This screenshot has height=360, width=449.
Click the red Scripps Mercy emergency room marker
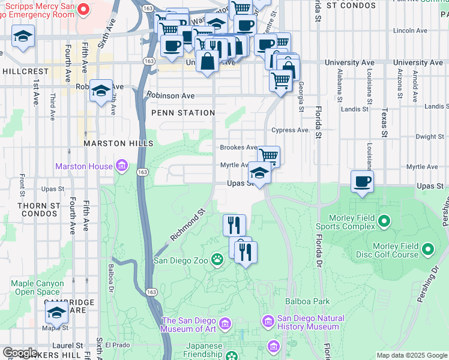[x=83, y=10]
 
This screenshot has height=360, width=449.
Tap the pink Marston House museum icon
[x=122, y=166]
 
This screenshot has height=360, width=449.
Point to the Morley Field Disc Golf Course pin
[x=427, y=248]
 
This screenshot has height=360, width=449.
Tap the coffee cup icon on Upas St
[x=362, y=181]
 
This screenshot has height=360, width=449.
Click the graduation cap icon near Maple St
[x=57, y=312]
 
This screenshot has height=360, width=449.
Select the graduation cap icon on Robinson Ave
[x=101, y=91]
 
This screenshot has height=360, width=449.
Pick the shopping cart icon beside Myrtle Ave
[x=269, y=156]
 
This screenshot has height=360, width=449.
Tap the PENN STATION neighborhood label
[x=183, y=113]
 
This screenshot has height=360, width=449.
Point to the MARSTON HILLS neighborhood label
[x=118, y=143]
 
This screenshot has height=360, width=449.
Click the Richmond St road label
[x=188, y=224]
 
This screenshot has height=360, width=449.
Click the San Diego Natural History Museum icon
[x=268, y=322]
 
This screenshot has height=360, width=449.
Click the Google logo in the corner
[x=20, y=353]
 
